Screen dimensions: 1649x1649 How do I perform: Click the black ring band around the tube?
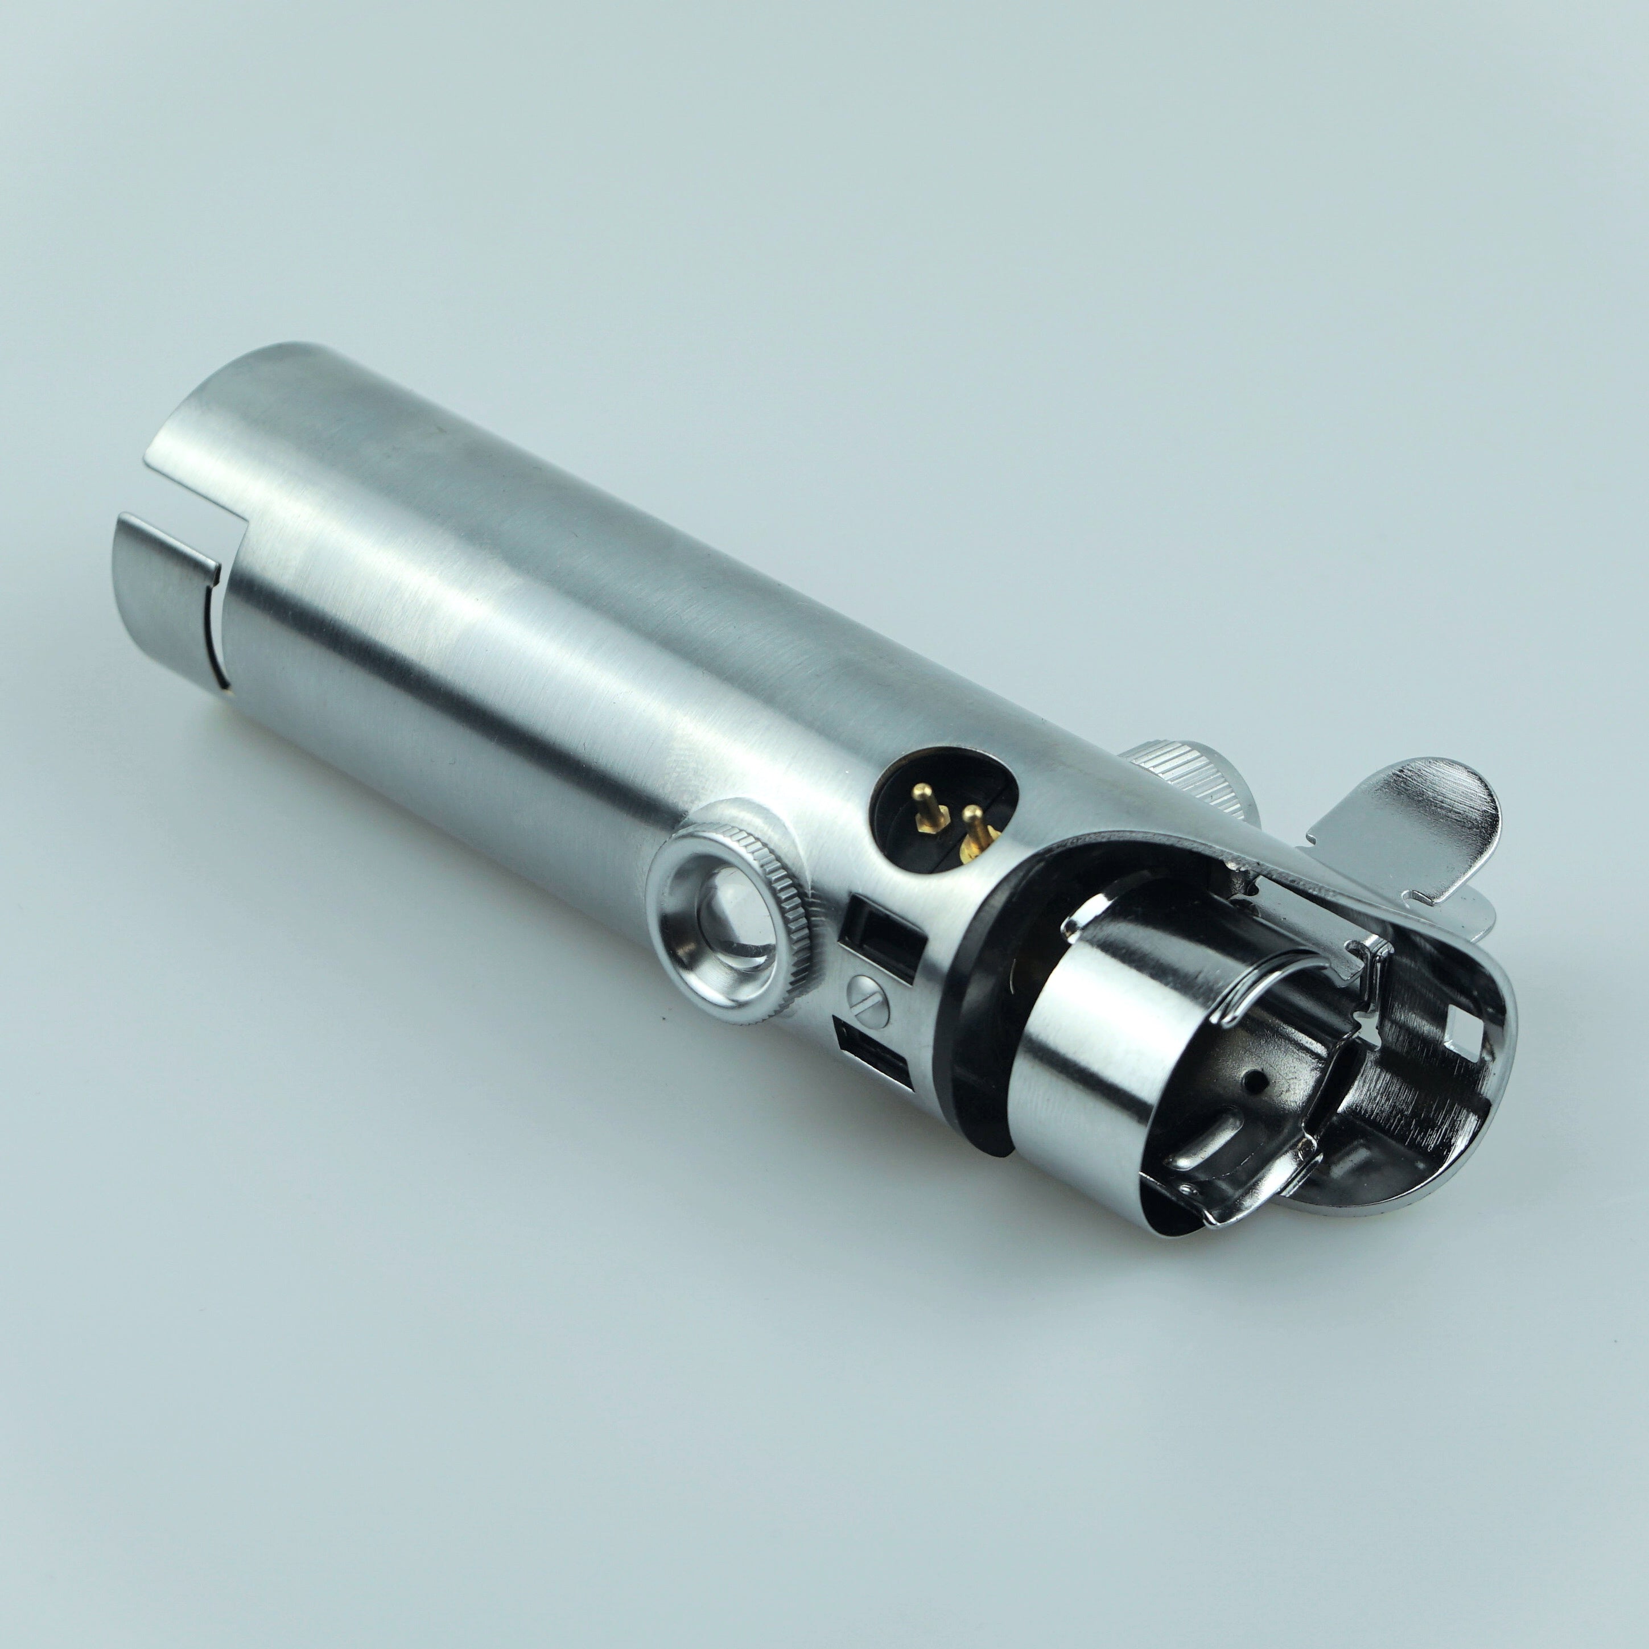[982, 1016]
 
